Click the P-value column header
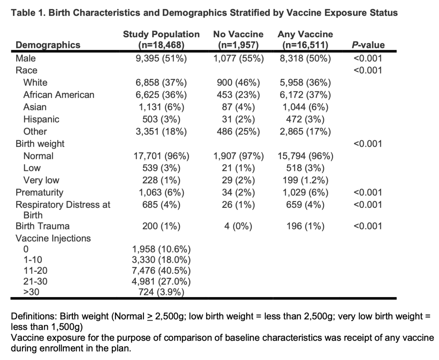click(x=368, y=45)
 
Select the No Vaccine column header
click(x=238, y=40)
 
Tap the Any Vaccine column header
click(x=305, y=40)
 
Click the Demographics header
click(x=48, y=45)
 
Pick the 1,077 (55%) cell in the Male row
click(x=239, y=59)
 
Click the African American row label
click(x=59, y=95)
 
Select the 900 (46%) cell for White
click(x=238, y=83)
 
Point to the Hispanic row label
click(x=41, y=120)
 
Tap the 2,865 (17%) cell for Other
click(x=305, y=132)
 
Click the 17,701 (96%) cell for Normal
click(x=161, y=156)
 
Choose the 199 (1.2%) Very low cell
click(x=305, y=180)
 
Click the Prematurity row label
click(x=40, y=192)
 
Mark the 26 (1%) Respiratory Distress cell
click(x=238, y=205)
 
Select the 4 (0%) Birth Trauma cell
click(x=238, y=226)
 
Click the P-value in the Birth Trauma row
click(x=368, y=226)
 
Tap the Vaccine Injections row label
click(x=53, y=239)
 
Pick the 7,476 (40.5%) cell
click(x=161, y=271)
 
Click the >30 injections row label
click(x=31, y=292)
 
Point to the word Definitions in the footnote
click(x=34, y=316)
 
